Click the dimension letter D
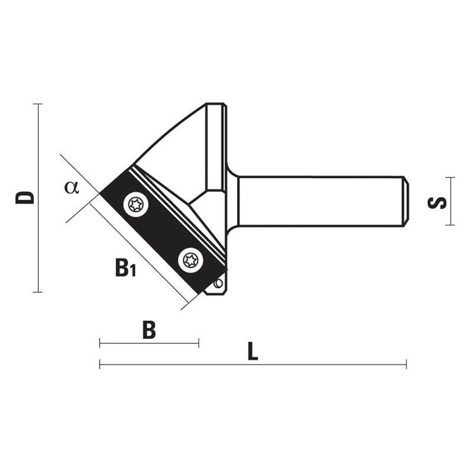(x=25, y=197)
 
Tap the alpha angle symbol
(x=72, y=187)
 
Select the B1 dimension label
(x=125, y=268)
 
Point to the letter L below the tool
(x=253, y=351)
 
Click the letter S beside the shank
(x=437, y=202)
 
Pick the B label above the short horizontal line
(x=150, y=330)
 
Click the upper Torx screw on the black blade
(x=136, y=204)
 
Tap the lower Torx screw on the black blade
(x=191, y=259)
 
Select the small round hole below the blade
(x=218, y=284)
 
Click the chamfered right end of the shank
(x=406, y=201)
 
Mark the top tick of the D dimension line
(x=37, y=104)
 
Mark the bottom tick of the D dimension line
(x=37, y=292)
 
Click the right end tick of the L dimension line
(x=406, y=365)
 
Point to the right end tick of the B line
(x=199, y=343)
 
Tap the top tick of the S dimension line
(x=450, y=177)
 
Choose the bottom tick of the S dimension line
(x=450, y=225)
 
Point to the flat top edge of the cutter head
(x=215, y=104)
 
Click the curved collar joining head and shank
(x=233, y=201)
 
